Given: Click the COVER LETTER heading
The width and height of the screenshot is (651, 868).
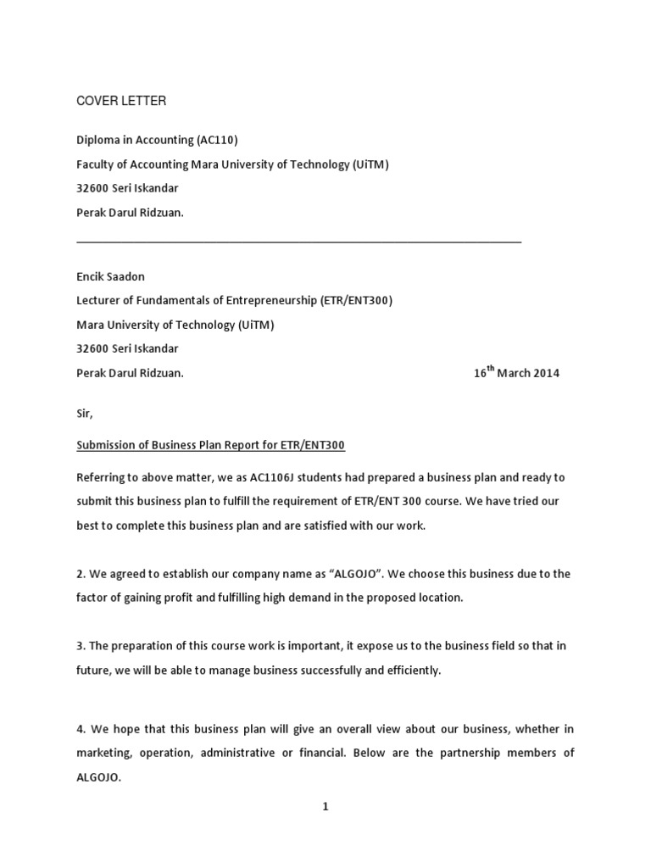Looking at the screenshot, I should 121,102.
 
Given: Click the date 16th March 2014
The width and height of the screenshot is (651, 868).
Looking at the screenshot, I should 516,373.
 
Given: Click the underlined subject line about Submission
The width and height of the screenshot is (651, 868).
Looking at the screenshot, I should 211,445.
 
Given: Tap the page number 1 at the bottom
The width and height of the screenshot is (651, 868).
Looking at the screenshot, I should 325,807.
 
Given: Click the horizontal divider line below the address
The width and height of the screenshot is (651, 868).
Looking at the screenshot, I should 298,242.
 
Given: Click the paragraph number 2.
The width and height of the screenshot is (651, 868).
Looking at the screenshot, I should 81,574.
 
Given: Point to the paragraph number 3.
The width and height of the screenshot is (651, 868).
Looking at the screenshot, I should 81,646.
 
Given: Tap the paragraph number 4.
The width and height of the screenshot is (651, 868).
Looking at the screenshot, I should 81,729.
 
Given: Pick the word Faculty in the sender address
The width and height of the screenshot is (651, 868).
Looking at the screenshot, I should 96,164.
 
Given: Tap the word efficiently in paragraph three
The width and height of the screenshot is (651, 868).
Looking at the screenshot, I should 411,670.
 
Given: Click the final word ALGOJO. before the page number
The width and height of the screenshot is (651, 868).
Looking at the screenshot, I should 99,777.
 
